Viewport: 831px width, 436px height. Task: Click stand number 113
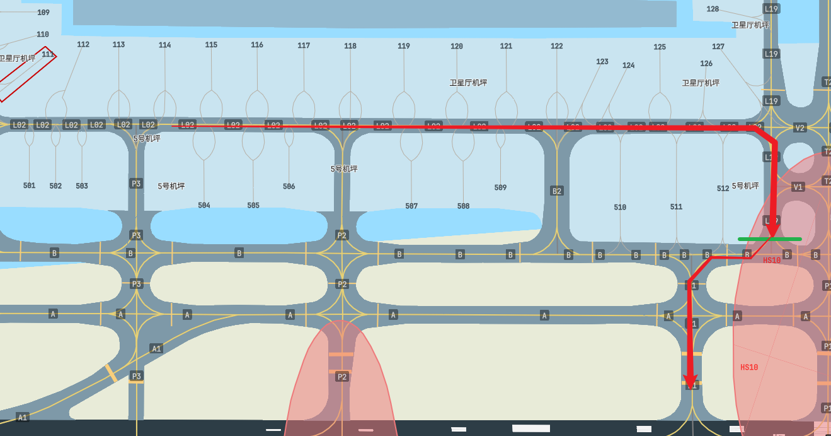[118, 45]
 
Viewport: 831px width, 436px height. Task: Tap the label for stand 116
[257, 45]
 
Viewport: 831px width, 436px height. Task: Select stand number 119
[404, 46]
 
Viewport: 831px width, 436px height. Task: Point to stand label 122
[557, 46]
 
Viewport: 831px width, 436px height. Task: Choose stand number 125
[660, 47]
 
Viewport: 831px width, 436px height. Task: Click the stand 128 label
[713, 9]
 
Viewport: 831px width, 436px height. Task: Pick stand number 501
[29, 186]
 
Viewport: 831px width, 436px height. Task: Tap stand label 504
[204, 206]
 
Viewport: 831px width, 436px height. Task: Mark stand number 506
[289, 187]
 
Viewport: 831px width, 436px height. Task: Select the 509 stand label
[500, 187]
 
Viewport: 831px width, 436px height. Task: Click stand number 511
[676, 207]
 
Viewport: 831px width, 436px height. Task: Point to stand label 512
[723, 189]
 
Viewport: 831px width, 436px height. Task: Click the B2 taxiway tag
[556, 191]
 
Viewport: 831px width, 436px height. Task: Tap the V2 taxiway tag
[799, 128]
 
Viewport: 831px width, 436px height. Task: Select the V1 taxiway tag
[798, 187]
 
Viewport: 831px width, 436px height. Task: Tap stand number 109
[43, 13]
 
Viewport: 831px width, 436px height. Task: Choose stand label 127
[718, 47]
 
